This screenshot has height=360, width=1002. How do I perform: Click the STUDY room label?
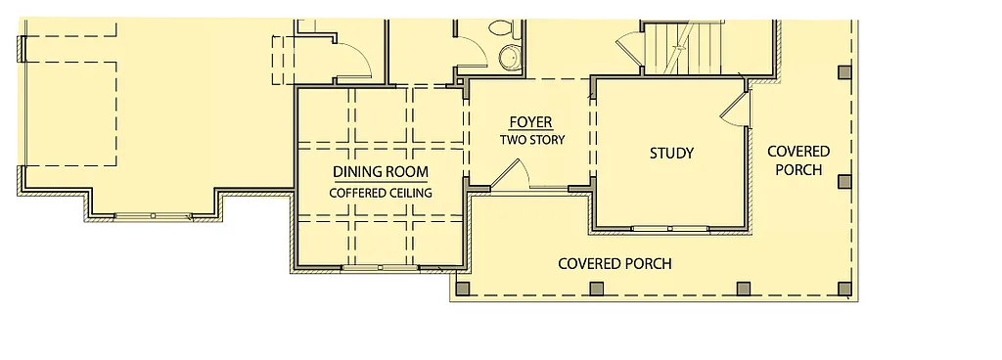click(x=671, y=154)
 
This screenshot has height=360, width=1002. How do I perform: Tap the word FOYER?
click(x=531, y=122)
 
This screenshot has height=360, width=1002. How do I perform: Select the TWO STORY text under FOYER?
click(x=532, y=140)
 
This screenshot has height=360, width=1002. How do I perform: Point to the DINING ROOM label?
click(x=380, y=172)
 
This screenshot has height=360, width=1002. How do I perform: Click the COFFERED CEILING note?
click(x=380, y=193)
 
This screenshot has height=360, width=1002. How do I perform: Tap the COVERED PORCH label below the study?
click(x=615, y=264)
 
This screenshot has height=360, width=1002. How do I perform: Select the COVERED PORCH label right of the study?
click(x=797, y=160)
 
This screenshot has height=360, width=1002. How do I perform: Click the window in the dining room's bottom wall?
click(x=379, y=267)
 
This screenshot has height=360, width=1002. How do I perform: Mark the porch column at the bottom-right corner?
click(x=844, y=288)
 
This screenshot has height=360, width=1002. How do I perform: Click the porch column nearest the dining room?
click(x=463, y=288)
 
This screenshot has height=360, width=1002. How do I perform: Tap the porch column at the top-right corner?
click(x=844, y=71)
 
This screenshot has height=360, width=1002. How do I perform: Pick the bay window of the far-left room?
click(x=154, y=216)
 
